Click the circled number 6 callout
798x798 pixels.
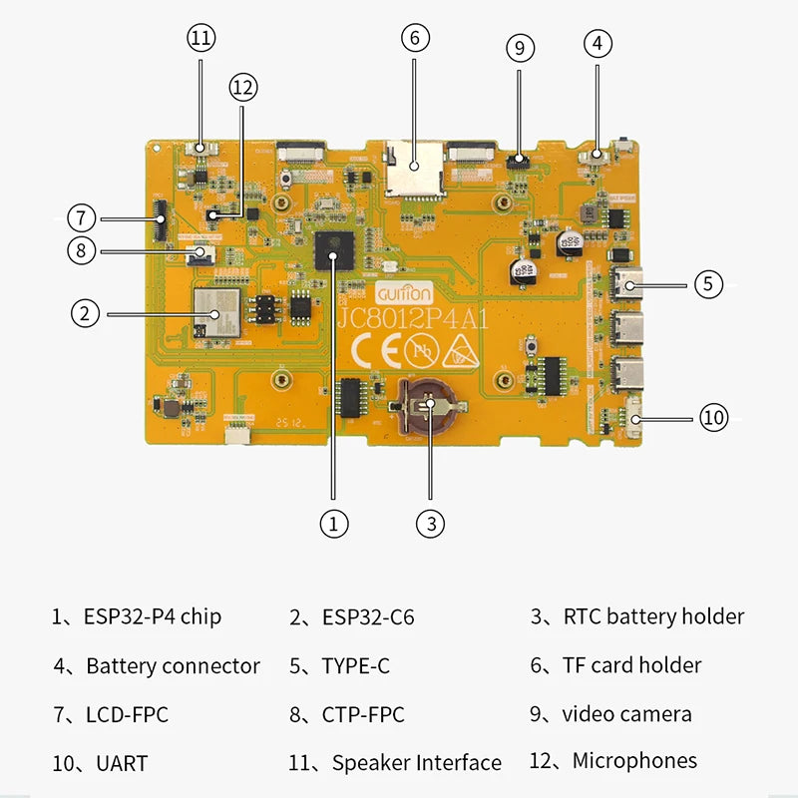pyautogui.click(x=416, y=39)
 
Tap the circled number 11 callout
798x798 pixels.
pyautogui.click(x=201, y=39)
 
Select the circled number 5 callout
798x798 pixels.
pyautogui.click(x=707, y=283)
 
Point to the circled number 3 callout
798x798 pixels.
pyautogui.click(x=429, y=522)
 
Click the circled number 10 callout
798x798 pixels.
pyautogui.click(x=713, y=417)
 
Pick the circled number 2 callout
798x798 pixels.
pyautogui.click(x=86, y=313)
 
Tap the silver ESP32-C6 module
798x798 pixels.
pyautogui.click(x=216, y=311)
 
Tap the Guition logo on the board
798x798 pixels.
pyautogui.click(x=404, y=294)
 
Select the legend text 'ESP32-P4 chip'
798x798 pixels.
pyautogui.click(x=152, y=616)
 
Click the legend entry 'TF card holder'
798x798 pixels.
pyautogui.click(x=631, y=665)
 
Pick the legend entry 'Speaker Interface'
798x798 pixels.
pyautogui.click(x=416, y=763)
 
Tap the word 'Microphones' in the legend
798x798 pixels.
pyautogui.click(x=634, y=761)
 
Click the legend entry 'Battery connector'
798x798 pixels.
pyautogui.click(x=173, y=666)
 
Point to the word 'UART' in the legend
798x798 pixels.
pyautogui.click(x=122, y=764)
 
